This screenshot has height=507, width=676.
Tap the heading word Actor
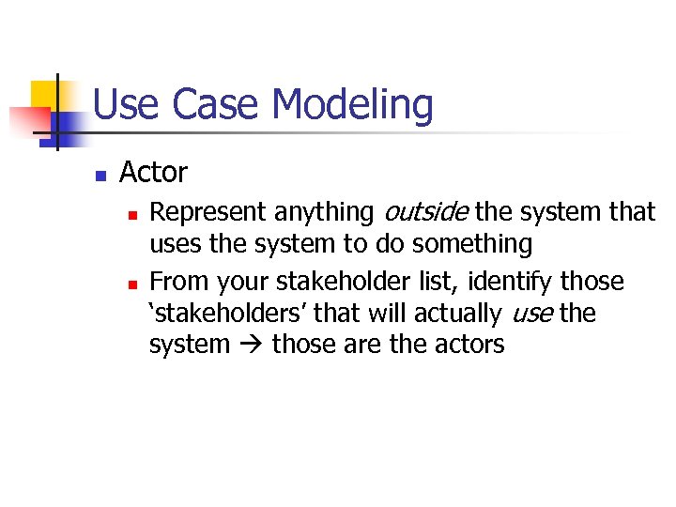point(153,173)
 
